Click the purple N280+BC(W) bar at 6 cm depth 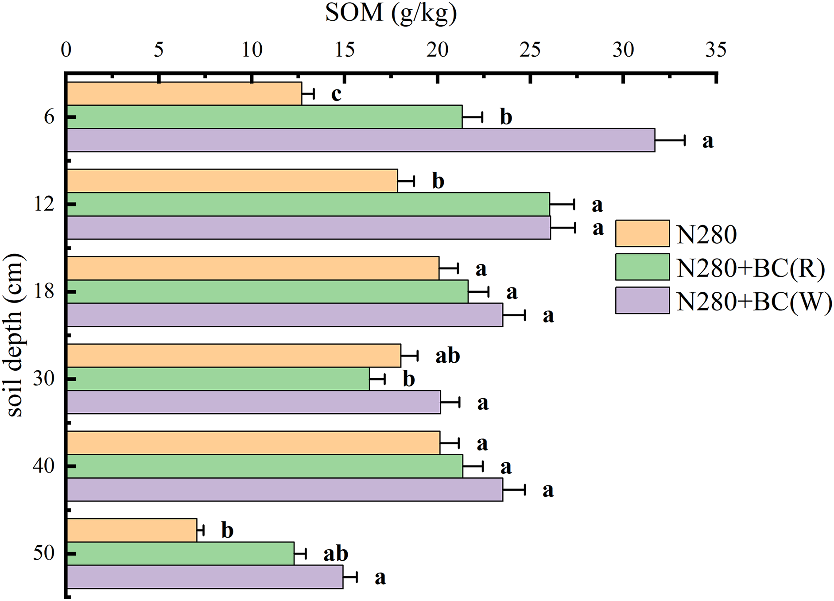pos(361,140)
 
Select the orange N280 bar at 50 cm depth pos(132,530)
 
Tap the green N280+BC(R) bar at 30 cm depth pos(218,379)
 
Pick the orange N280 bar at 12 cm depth pos(232,181)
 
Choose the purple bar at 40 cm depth pos(285,489)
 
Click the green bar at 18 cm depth pos(267,292)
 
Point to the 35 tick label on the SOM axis pos(716,50)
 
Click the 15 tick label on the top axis pos(344,50)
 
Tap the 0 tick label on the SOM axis pos(66,50)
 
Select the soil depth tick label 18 pos(44,292)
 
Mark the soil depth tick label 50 pos(44,554)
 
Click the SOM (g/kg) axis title pos(391,13)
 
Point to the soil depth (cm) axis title pos(16,335)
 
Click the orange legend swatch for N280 pos(642,233)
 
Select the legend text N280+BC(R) pos(751,268)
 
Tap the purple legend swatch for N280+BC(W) pos(642,301)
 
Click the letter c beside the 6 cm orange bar pos(336,94)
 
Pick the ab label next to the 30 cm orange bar pos(448,356)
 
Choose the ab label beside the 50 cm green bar pos(336,554)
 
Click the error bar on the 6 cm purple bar pos(670,140)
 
